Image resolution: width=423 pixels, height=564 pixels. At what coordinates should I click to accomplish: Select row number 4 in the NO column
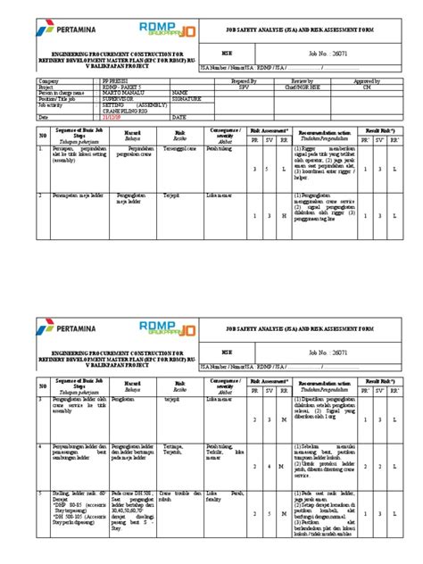pyautogui.click(x=41, y=444)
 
